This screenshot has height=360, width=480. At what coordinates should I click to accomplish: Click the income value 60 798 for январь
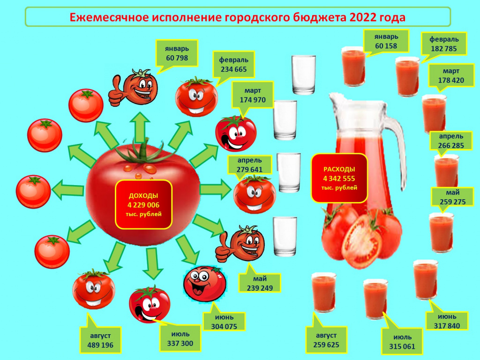point(177,58)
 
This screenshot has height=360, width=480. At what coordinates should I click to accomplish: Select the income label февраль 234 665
point(233,65)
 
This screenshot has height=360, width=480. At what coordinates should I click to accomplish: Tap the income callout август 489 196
point(100,340)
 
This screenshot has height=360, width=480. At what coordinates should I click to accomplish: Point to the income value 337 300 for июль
point(180,344)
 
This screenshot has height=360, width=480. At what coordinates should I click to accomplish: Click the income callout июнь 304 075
point(224,322)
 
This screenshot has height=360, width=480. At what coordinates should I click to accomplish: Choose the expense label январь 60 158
point(386,41)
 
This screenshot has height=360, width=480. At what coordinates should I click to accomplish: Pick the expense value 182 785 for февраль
point(443,49)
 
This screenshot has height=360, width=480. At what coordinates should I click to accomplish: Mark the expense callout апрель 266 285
point(451,141)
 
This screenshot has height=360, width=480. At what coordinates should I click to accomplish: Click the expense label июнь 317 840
point(447,321)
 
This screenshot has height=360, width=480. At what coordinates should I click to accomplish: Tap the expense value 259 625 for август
point(326,345)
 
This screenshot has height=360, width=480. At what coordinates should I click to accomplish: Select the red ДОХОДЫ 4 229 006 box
point(143,204)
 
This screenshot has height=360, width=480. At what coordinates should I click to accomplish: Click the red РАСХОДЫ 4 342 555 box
point(339,178)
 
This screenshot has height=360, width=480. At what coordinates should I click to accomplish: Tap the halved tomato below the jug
point(361,241)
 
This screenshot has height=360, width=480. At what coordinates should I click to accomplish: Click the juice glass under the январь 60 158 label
point(353,66)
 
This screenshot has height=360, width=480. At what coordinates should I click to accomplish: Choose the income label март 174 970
point(253,95)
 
